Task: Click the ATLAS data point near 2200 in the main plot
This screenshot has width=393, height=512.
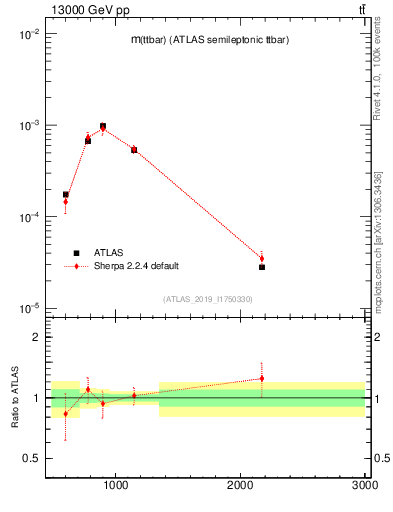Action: [262, 267]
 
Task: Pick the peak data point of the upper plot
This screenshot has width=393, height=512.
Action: [103, 126]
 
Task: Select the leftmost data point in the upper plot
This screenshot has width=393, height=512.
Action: [66, 195]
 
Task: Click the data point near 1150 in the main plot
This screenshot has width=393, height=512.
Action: [134, 150]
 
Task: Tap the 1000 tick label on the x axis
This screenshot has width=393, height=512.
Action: [116, 485]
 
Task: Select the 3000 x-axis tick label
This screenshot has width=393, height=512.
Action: [364, 485]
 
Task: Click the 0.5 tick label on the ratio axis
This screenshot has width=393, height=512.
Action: [30, 458]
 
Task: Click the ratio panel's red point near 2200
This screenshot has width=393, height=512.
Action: [262, 378]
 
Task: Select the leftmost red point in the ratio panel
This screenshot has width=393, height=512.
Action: [66, 413]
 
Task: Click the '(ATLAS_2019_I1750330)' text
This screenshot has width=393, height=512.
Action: [207, 299]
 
